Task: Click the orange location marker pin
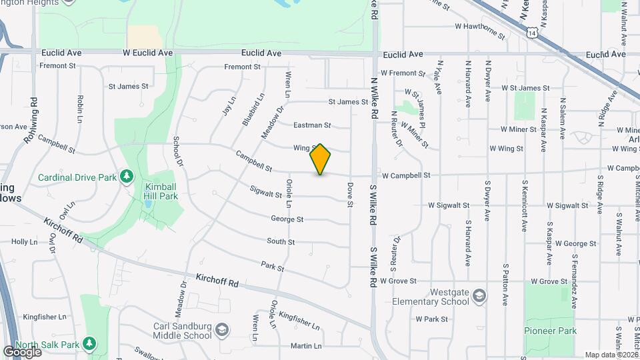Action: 321,159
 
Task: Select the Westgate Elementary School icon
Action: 479,295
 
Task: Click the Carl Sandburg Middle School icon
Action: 222,329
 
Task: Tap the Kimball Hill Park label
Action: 161,192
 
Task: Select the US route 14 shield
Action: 531,31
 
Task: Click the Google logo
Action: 21,351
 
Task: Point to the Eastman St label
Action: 312,125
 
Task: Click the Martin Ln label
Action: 306,346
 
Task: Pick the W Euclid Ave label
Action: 147,52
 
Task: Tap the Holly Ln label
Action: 24,241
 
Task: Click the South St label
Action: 281,241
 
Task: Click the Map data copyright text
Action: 609,355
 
